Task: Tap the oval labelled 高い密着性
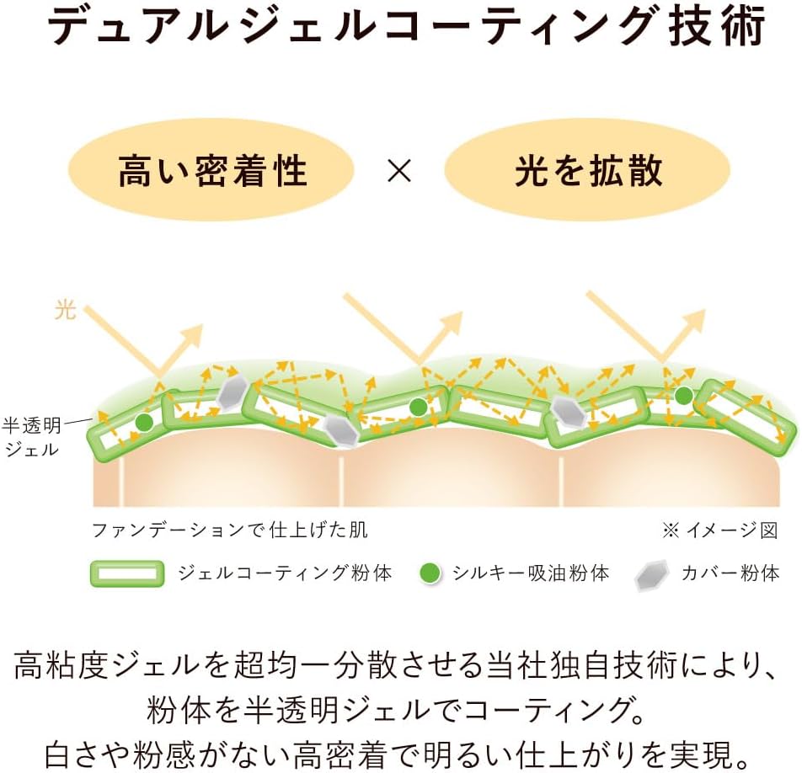tap(211, 170)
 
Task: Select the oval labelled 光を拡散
tap(587, 170)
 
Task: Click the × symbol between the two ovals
tap(399, 171)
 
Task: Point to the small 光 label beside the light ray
tap(66, 310)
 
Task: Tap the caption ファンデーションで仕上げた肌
tap(230, 530)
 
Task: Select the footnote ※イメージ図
tap(720, 530)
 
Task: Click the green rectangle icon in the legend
tap(127, 573)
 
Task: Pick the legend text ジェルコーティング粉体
tap(285, 573)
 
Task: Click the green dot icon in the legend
tap(430, 573)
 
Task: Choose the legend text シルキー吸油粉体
tap(531, 573)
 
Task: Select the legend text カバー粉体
tap(730, 573)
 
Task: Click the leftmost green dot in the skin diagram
tap(144, 423)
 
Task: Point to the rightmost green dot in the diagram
tap(684, 395)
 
